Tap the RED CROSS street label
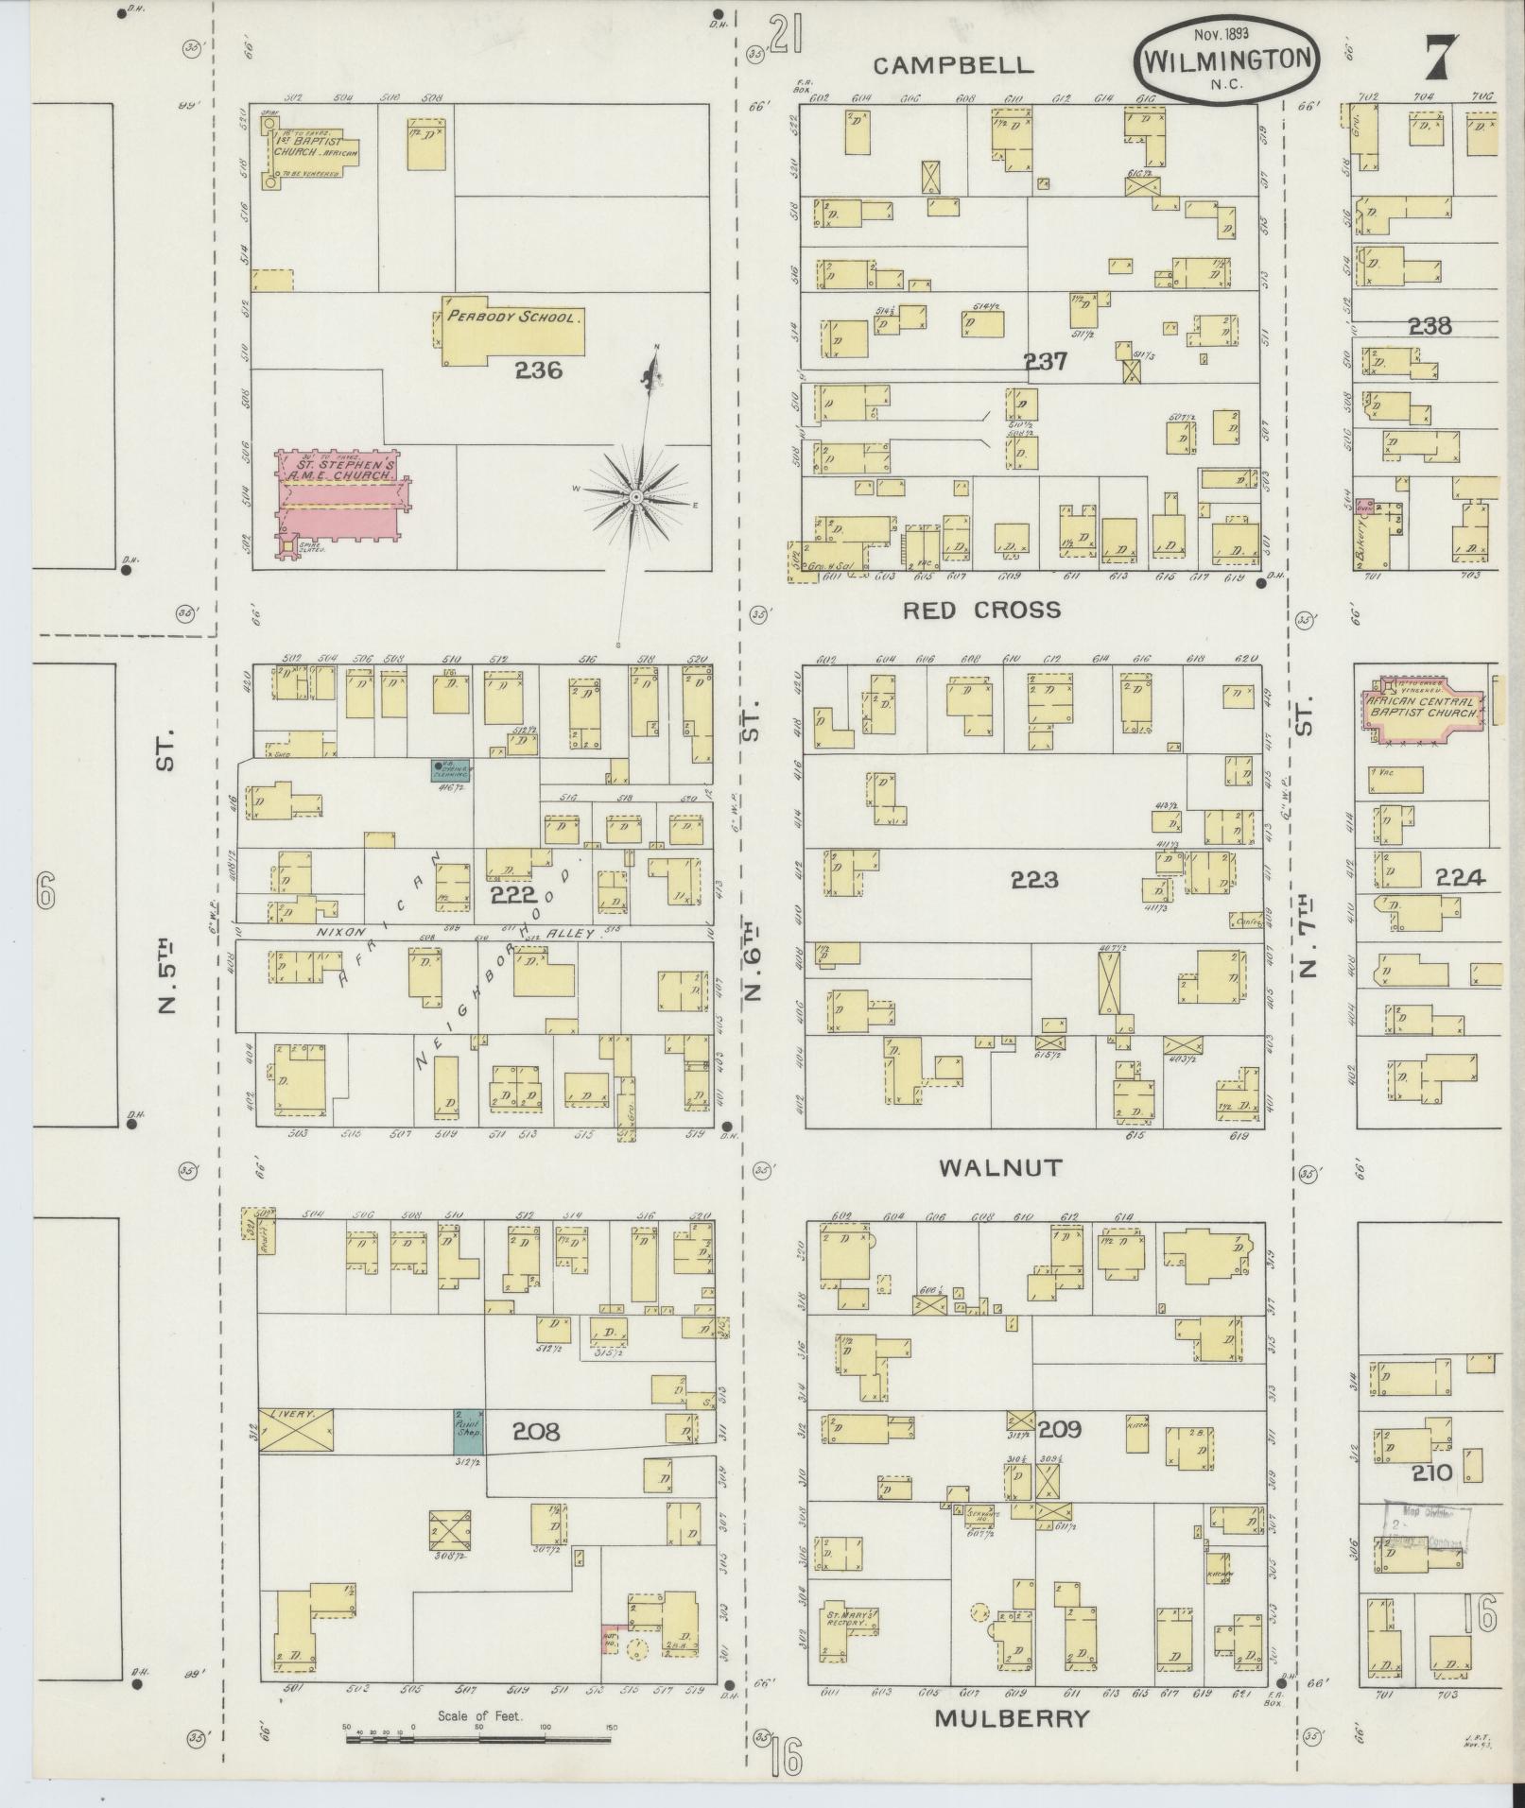point(981,611)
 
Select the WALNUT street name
point(1000,1168)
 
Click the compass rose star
point(637,496)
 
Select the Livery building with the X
point(296,1432)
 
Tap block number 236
point(538,371)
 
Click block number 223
point(1033,881)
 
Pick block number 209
point(1059,1430)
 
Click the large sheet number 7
point(1440,59)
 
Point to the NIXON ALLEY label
point(463,932)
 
